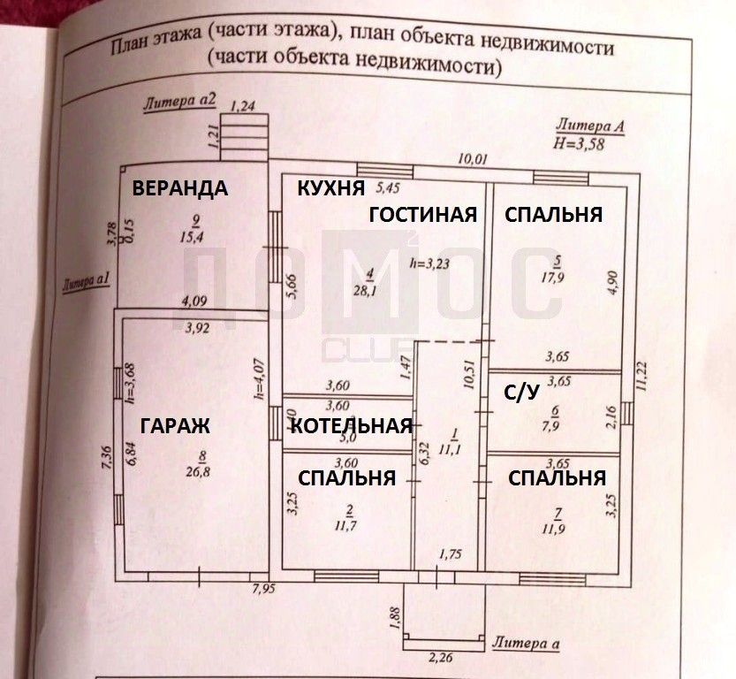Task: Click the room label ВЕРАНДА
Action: click(180, 187)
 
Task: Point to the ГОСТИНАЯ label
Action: click(422, 215)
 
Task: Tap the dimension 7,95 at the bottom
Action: click(264, 589)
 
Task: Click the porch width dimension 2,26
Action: click(439, 657)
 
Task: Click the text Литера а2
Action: click(180, 102)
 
